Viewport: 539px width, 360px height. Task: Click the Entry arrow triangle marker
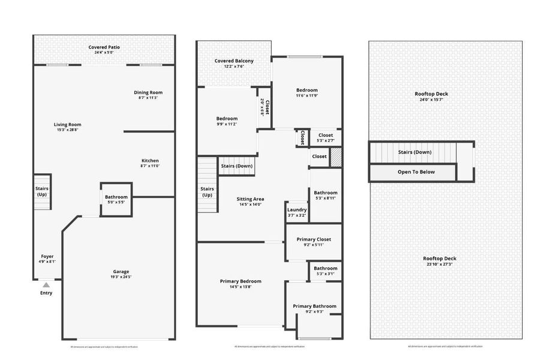tap(46, 285)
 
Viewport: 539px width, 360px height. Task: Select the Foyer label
tap(47, 256)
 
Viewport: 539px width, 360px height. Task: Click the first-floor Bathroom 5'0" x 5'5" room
tap(116, 199)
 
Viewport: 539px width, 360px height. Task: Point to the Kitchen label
tap(150, 160)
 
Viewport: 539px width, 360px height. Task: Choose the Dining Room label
tap(147, 92)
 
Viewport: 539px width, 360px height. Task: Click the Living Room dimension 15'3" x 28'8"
tap(67, 130)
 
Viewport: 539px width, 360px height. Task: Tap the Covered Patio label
tap(103, 46)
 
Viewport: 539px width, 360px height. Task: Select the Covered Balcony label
tap(234, 61)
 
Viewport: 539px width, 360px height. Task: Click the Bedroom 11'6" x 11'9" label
tap(306, 90)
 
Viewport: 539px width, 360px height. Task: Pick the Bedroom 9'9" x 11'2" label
tap(227, 118)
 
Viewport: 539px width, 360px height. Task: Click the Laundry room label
tap(297, 209)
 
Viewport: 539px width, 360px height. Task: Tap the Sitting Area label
tap(251, 199)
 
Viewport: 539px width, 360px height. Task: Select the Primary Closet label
tap(314, 239)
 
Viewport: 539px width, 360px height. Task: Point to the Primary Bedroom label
tap(240, 281)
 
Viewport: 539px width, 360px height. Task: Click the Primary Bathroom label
tap(315, 306)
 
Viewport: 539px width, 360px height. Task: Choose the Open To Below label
tap(416, 172)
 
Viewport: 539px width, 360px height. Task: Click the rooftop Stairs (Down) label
tap(414, 152)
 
